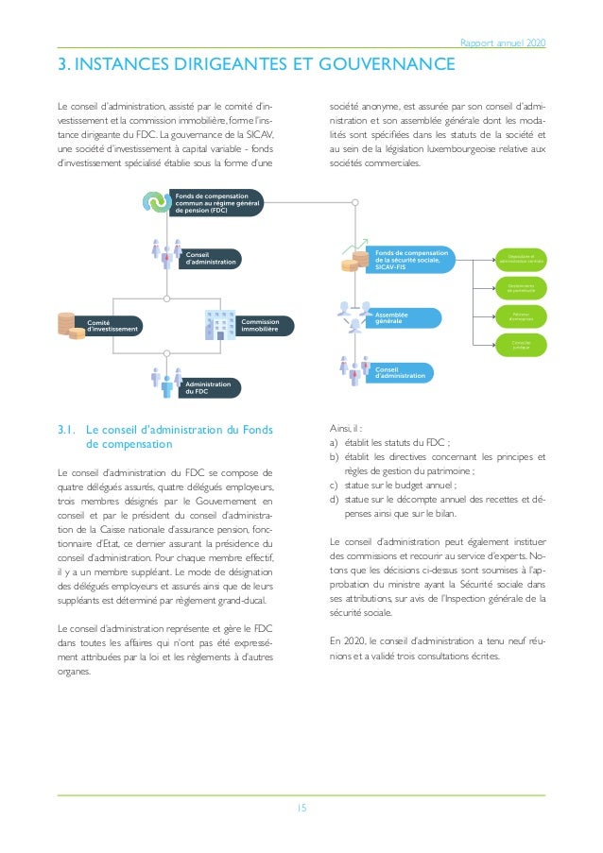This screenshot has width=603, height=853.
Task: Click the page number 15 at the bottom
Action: click(301, 808)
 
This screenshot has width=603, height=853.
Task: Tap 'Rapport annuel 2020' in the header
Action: click(502, 43)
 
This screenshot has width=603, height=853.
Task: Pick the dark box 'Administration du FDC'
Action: click(209, 387)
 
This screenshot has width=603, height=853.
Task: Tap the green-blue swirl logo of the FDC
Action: click(154, 202)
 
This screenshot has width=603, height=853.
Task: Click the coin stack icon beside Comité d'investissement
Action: click(66, 324)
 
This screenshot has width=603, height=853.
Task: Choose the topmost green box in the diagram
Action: click(520, 255)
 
